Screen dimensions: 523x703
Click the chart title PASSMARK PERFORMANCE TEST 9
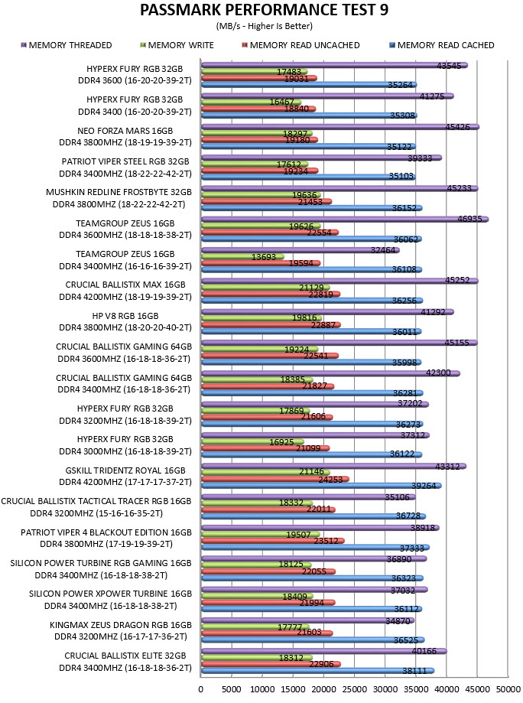tap(264, 10)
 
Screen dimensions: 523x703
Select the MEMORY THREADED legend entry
tap(67, 45)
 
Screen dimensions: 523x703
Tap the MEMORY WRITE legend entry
tap(177, 45)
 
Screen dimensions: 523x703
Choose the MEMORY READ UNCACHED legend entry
tap(300, 45)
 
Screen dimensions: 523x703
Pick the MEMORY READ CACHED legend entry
tap(442, 45)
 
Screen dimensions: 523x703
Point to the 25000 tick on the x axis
tap(354, 689)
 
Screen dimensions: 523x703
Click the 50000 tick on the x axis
tap(508, 689)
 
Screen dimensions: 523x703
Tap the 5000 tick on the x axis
tap(232, 689)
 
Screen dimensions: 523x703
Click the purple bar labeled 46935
tap(345, 220)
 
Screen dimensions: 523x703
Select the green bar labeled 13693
tap(243, 257)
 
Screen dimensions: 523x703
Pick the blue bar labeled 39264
tap(321, 486)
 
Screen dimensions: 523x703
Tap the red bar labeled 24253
tap(275, 480)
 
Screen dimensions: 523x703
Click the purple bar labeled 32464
tap(300, 250)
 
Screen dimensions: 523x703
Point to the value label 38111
tap(414, 671)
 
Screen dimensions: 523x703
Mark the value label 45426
tap(457, 127)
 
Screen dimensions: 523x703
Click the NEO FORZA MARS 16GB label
tap(125, 131)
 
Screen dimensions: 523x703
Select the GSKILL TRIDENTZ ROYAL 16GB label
tap(125, 470)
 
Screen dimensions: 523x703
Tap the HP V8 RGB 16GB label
tap(125, 316)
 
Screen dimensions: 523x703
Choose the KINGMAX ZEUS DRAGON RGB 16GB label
tap(121, 625)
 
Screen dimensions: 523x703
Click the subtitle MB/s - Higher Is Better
tap(265, 26)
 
